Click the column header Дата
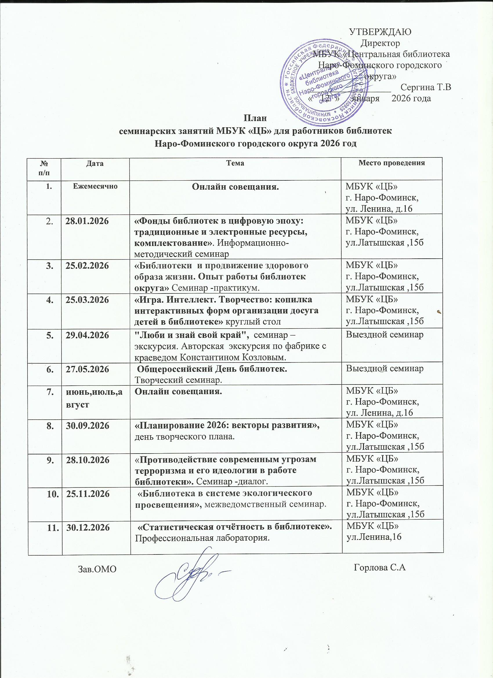click(95, 163)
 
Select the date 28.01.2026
click(87, 222)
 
